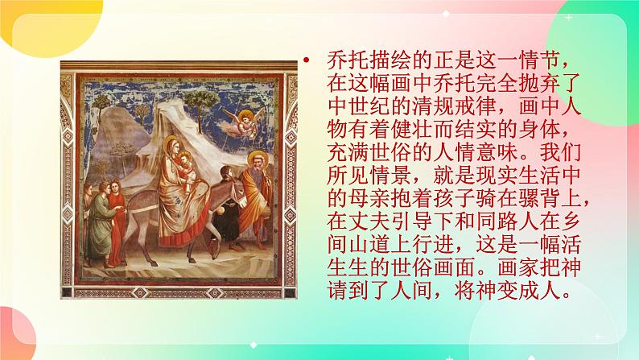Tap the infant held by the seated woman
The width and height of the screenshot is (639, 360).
[187, 168]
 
